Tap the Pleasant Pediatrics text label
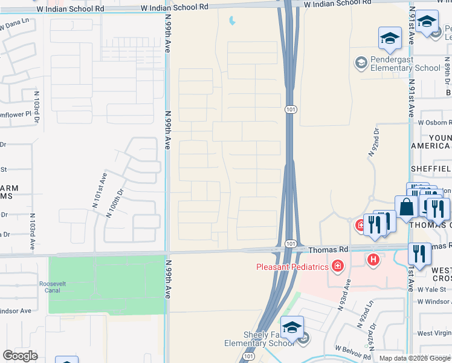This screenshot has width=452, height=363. pos(292,266)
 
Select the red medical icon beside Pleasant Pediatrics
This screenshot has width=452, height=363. pos(337,266)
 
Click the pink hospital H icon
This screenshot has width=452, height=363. pos(374,260)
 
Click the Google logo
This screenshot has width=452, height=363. pos(20,356)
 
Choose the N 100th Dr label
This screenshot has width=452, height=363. pos(115,205)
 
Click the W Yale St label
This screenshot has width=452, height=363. pos(434,289)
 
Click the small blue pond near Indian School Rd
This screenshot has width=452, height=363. pos(233,22)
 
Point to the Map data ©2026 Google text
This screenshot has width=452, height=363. pos(415,358)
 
